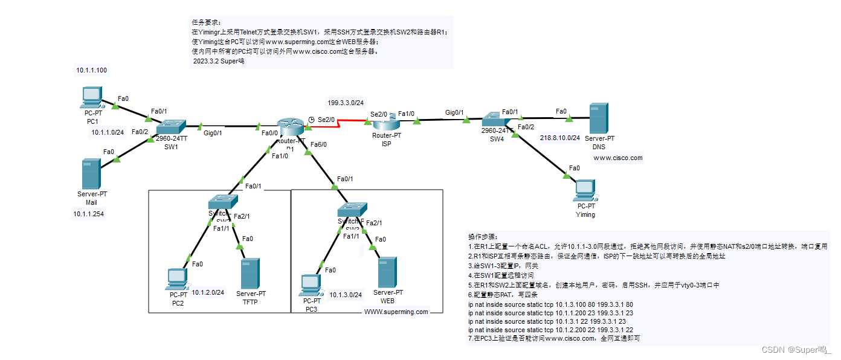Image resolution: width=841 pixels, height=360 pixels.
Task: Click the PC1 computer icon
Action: pos(92,97)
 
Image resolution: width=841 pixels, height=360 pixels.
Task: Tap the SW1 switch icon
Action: pos(172,127)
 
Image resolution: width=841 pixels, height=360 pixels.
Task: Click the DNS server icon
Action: pos(599,118)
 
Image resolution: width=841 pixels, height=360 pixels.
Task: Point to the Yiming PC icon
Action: pos(585,190)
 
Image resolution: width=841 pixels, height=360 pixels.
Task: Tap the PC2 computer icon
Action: pos(177,279)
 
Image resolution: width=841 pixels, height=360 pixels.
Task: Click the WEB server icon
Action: pos(387,272)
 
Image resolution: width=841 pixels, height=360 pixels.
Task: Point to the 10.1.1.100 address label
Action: pos(92,70)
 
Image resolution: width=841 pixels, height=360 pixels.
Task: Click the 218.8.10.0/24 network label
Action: pos(560,137)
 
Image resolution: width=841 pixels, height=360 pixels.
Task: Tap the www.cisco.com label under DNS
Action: pos(618,158)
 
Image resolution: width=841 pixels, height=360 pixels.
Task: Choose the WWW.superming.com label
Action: pos(396,312)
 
